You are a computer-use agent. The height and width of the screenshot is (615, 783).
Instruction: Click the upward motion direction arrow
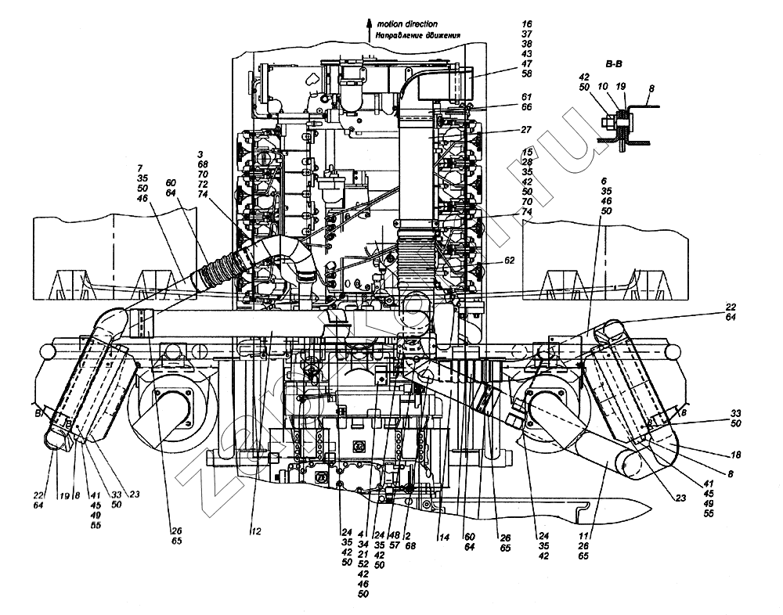[369, 29]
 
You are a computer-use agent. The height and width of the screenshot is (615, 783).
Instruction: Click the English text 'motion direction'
[408, 24]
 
